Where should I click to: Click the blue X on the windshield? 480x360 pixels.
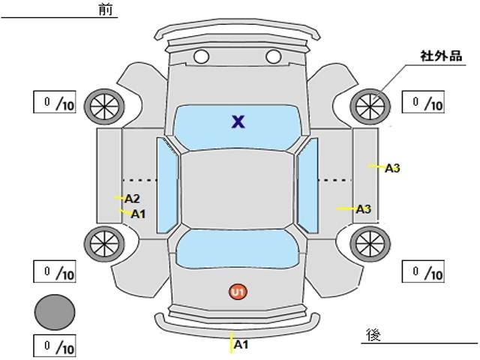click(x=238, y=121)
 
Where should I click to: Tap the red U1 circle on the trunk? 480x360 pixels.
click(x=238, y=292)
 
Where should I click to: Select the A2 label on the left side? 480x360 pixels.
click(x=132, y=199)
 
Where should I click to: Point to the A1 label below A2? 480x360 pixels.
click(x=138, y=214)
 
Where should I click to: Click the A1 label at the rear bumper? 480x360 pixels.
click(x=241, y=345)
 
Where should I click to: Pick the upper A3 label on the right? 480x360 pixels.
click(x=392, y=168)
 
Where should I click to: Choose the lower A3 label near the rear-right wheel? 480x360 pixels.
click(x=364, y=209)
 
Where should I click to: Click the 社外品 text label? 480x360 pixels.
click(x=441, y=56)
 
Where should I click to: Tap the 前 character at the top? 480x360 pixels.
click(x=106, y=10)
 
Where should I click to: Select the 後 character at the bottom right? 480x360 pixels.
click(x=373, y=334)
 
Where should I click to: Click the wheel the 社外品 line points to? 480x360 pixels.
click(x=370, y=106)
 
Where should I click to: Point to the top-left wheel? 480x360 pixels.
click(x=104, y=106)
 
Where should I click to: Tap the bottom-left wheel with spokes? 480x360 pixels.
click(x=104, y=244)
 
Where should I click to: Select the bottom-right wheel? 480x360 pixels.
click(x=370, y=244)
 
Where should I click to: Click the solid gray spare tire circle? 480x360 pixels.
click(x=55, y=312)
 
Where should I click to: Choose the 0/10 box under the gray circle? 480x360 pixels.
click(x=55, y=346)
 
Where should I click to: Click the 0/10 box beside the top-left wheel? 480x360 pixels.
click(x=55, y=102)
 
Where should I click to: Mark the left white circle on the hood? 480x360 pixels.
click(x=202, y=57)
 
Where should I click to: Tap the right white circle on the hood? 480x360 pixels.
click(x=273, y=57)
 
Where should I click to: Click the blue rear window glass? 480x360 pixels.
click(x=237, y=248)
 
